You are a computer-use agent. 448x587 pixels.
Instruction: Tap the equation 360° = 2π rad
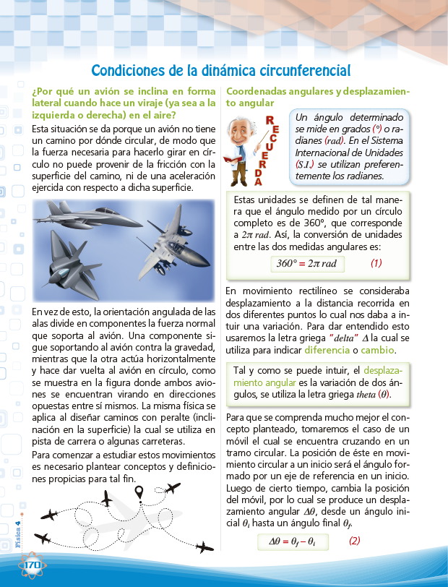click(x=306, y=263)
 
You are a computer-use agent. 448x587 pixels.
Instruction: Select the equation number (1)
click(x=376, y=263)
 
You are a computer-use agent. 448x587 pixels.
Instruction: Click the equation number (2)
click(x=354, y=541)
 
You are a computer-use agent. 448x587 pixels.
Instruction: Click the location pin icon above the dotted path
click(x=140, y=492)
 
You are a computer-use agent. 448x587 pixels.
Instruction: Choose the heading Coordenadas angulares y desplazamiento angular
click(x=317, y=98)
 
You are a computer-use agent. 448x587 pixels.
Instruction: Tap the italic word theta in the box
click(x=367, y=395)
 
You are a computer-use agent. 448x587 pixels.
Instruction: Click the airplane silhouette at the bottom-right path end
click(x=204, y=547)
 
